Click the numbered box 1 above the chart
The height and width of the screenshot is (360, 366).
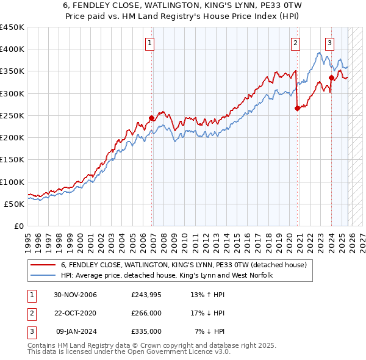(149, 43)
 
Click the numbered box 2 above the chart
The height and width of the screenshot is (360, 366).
(295, 43)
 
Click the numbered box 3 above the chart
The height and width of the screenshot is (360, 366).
(329, 43)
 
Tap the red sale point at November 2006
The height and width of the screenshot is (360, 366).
(152, 118)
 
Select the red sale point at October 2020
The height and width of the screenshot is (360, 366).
(297, 108)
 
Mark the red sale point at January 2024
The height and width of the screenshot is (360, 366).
(331, 77)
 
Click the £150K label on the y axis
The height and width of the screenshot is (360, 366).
(12, 160)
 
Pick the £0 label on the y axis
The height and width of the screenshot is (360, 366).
(18, 226)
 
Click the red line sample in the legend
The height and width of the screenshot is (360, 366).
(43, 265)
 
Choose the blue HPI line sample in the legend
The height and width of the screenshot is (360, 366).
(43, 275)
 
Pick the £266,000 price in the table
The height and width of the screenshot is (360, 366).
(146, 313)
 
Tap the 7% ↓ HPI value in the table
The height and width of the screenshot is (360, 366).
(210, 331)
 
